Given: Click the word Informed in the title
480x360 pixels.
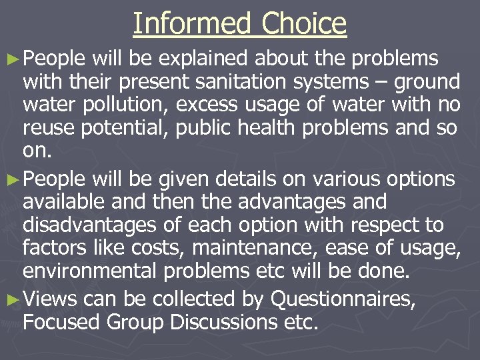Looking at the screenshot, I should (192, 24).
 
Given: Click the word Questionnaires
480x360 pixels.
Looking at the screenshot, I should (343, 299).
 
